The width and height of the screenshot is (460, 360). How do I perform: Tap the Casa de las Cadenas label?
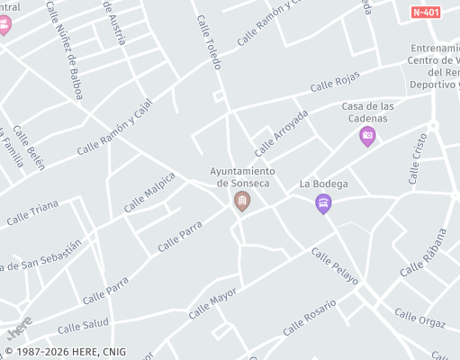[x=365, y=112]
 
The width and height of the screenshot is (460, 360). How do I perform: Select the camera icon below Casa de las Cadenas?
[x=366, y=137]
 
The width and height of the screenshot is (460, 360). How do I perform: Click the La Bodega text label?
[x=317, y=184]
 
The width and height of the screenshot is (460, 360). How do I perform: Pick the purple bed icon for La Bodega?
[x=323, y=204]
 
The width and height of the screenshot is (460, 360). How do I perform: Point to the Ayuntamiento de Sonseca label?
[x=242, y=176]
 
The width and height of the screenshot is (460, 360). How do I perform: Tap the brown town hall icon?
[x=241, y=201]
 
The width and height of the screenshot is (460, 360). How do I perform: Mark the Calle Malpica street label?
[x=149, y=192]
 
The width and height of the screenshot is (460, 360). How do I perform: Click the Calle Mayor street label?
[x=212, y=304]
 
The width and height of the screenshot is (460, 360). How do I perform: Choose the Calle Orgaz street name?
[x=419, y=319]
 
